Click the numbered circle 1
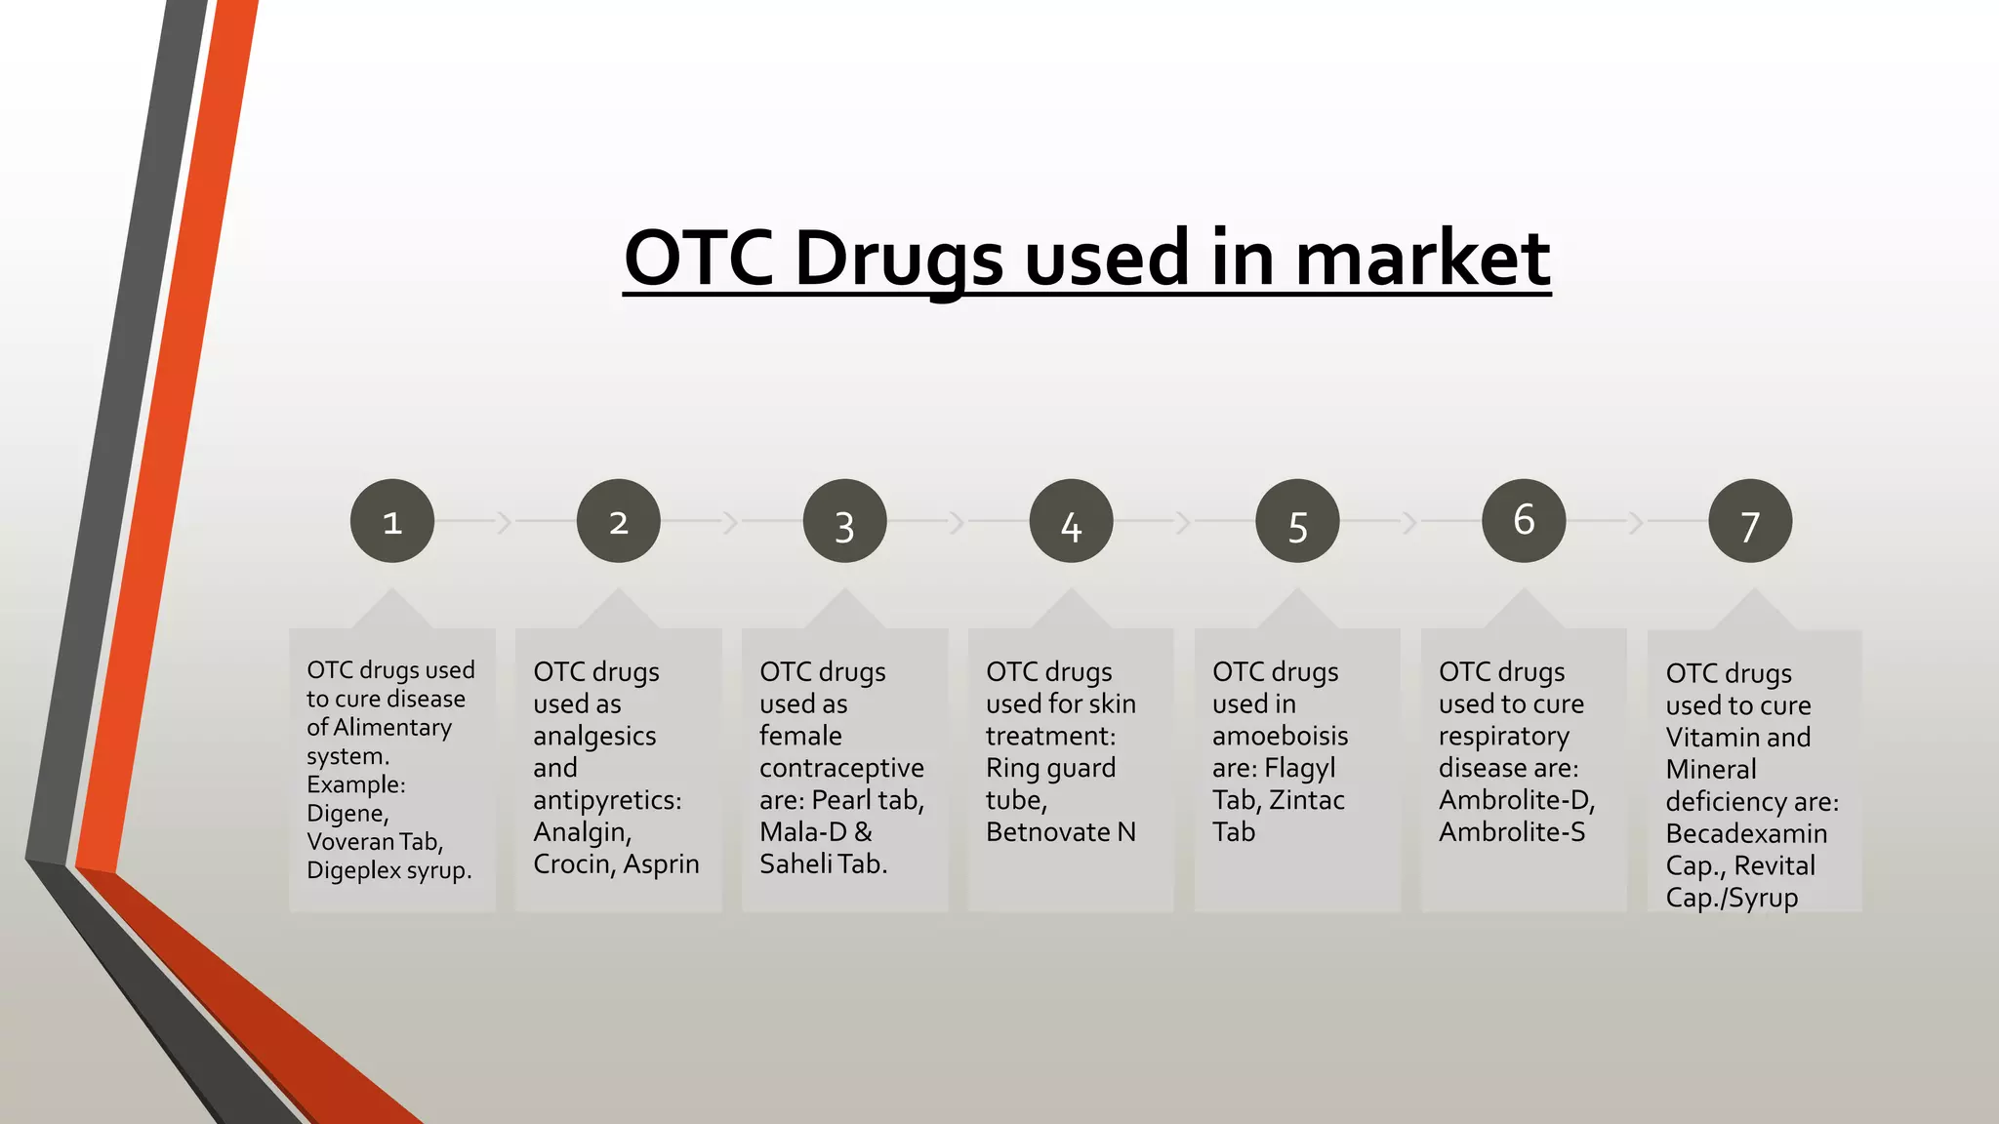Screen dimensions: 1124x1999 [x=391, y=521]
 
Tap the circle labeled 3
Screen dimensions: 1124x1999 [x=844, y=521]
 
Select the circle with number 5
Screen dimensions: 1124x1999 [x=1297, y=521]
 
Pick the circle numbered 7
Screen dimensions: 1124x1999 [x=1750, y=521]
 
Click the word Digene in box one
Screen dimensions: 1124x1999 [x=347, y=814]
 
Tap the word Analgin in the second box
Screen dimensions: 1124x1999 [x=582, y=832]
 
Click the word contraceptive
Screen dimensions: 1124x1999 [x=841, y=769]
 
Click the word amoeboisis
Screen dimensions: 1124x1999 [x=1280, y=737]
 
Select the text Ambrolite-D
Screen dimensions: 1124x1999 [x=1516, y=801]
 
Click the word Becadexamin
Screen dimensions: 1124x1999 [x=1746, y=834]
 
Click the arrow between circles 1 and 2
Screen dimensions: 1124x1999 [x=505, y=522]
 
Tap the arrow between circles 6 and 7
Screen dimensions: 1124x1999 [x=1637, y=522]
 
